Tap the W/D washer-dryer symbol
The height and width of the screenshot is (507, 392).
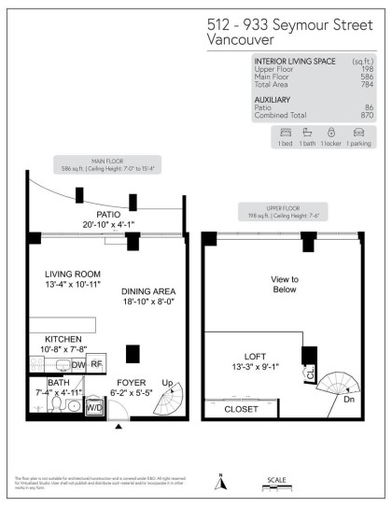(95, 407)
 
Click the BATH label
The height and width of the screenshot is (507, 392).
(57, 383)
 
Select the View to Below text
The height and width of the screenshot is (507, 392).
(284, 285)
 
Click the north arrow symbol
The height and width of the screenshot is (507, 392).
(220, 482)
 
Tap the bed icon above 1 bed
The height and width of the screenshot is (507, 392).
(285, 134)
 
